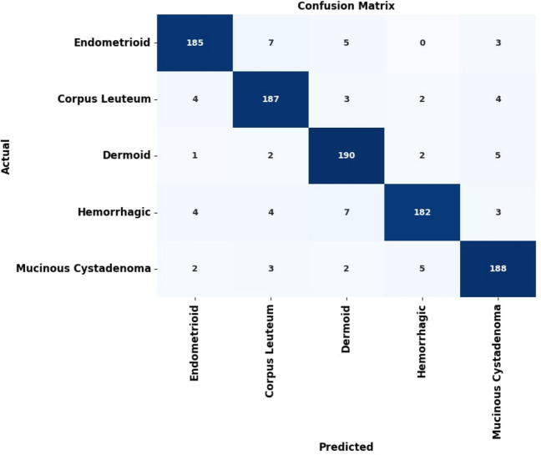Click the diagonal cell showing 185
195,43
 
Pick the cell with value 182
421,212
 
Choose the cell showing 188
496,268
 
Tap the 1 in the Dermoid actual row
195,155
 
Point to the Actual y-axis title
8,156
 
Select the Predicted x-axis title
345,447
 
